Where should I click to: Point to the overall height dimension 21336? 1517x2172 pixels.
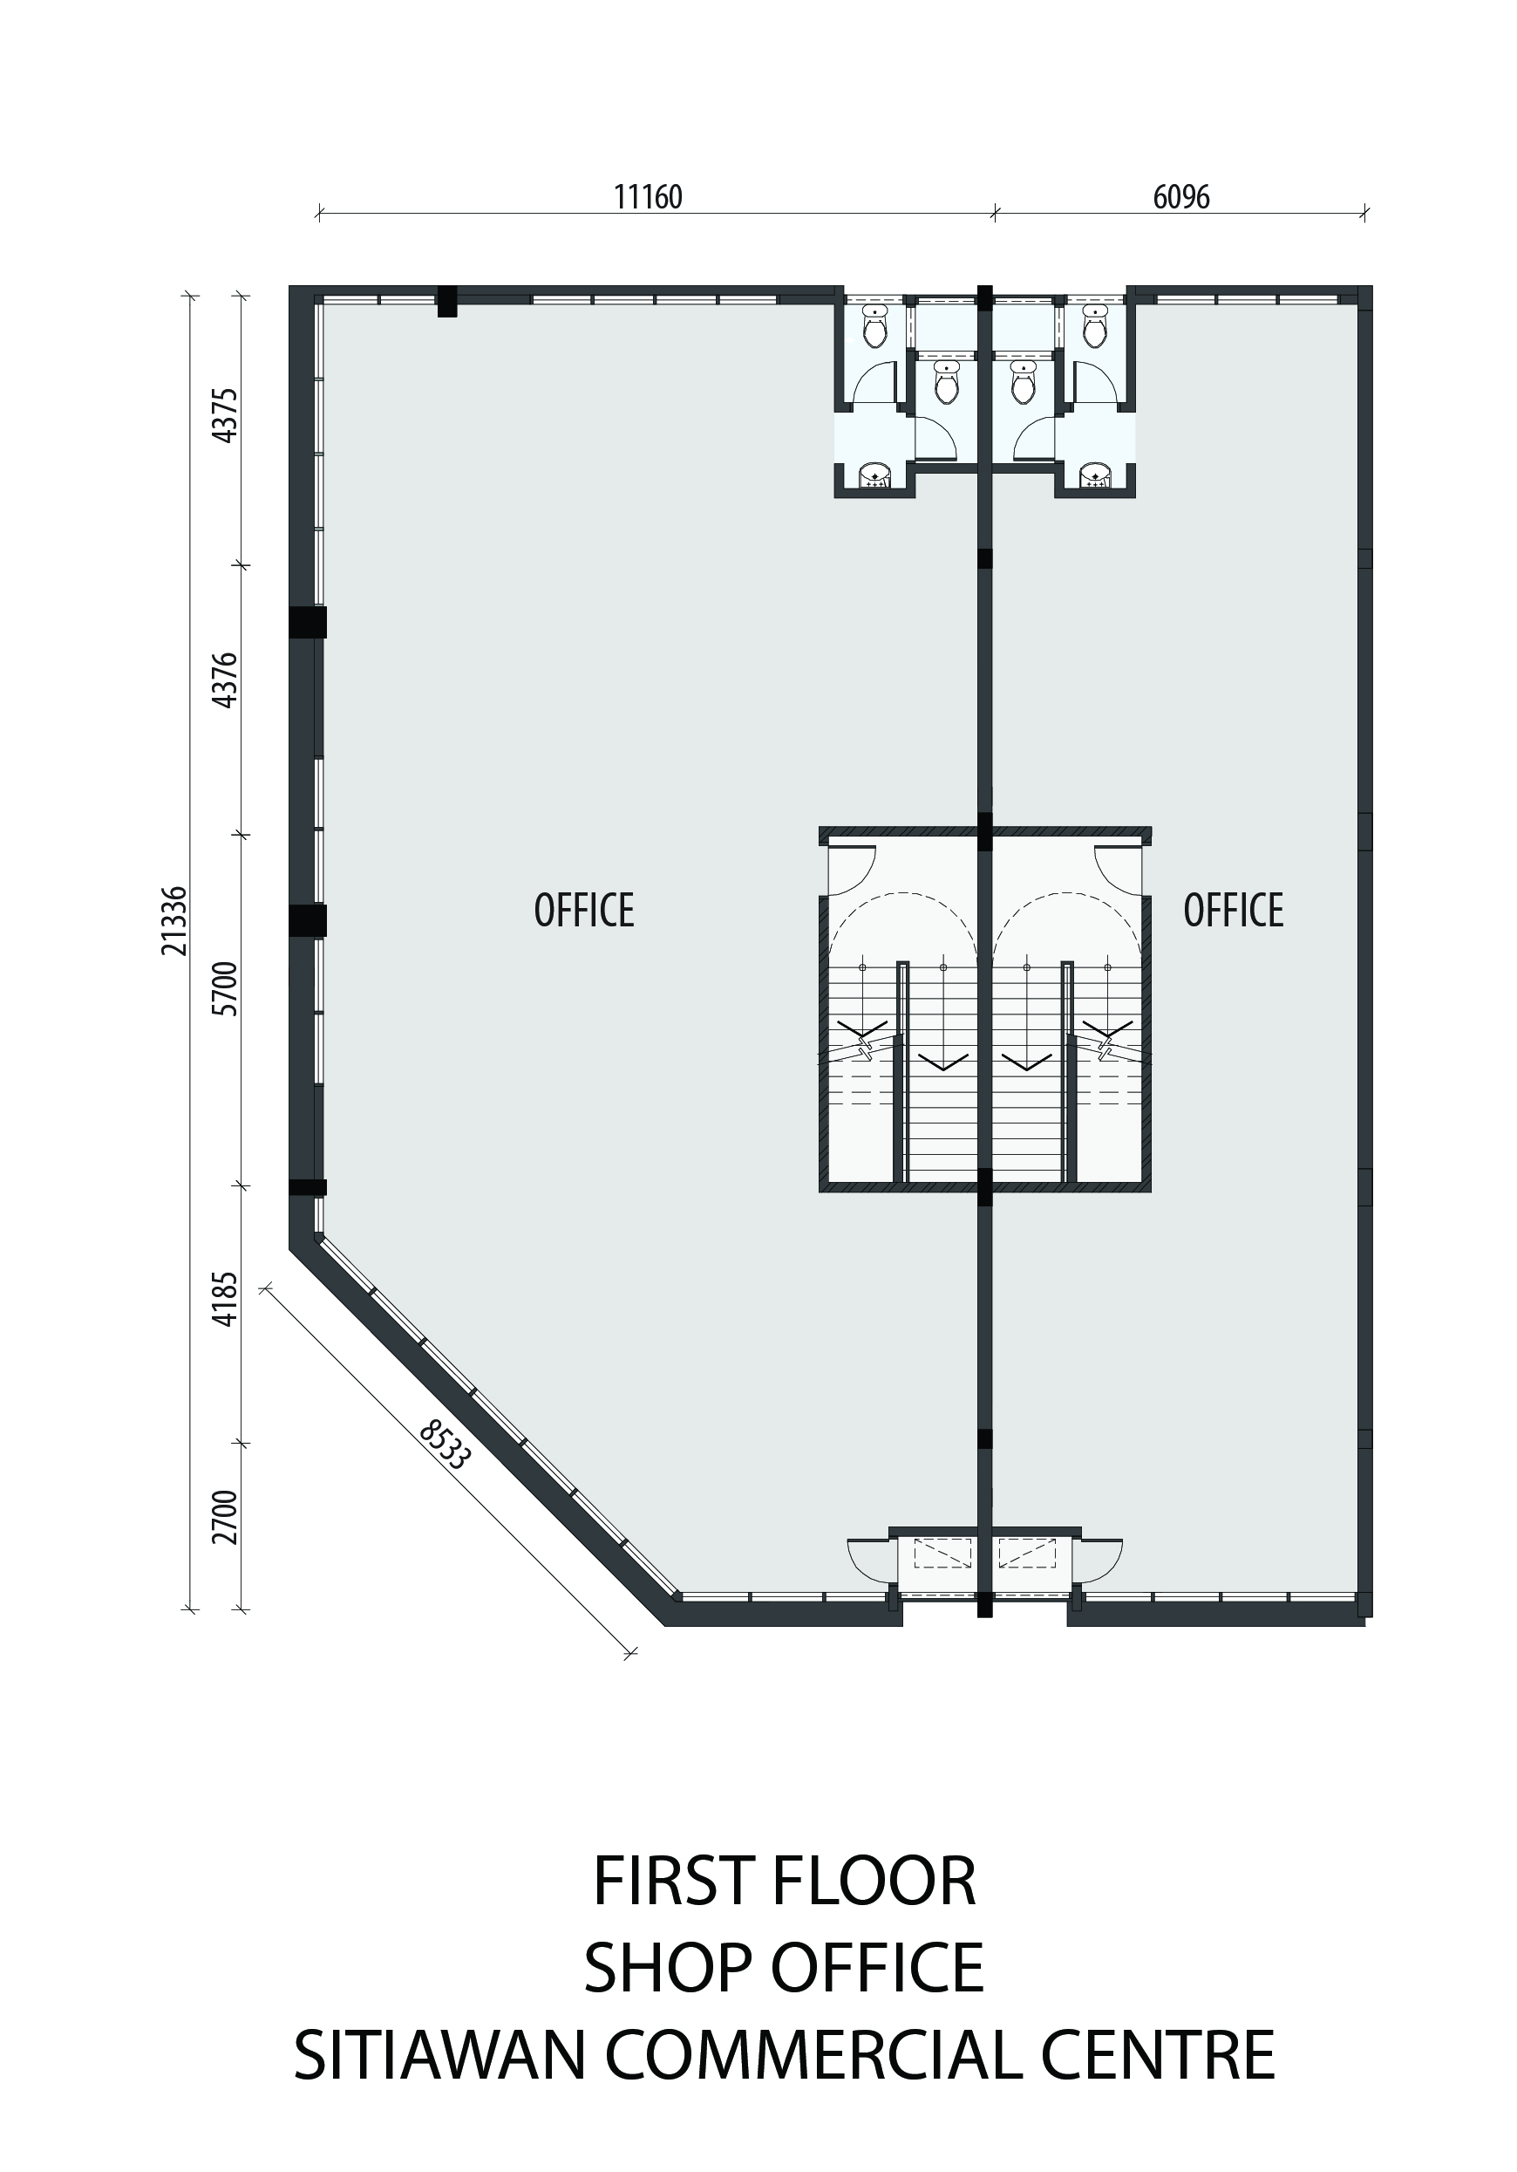click(175, 920)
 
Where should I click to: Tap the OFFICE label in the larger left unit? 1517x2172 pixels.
click(583, 910)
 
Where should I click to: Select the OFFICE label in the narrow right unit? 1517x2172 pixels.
click(1234, 910)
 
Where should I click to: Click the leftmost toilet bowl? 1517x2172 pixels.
click(876, 327)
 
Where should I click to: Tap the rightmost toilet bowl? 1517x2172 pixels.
click(1095, 327)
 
